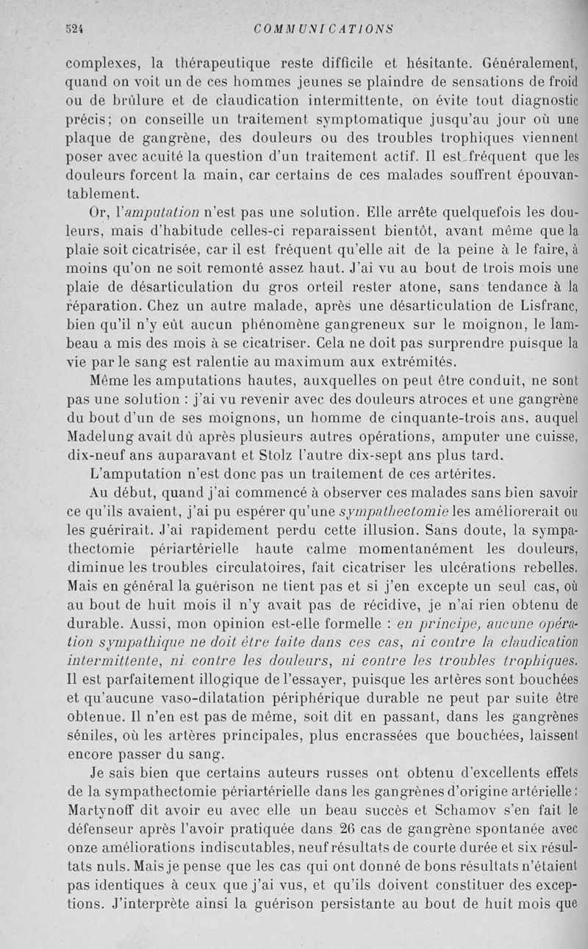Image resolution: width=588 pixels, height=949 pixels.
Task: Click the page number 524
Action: (73, 30)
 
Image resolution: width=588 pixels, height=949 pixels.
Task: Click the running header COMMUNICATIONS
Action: (323, 29)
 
